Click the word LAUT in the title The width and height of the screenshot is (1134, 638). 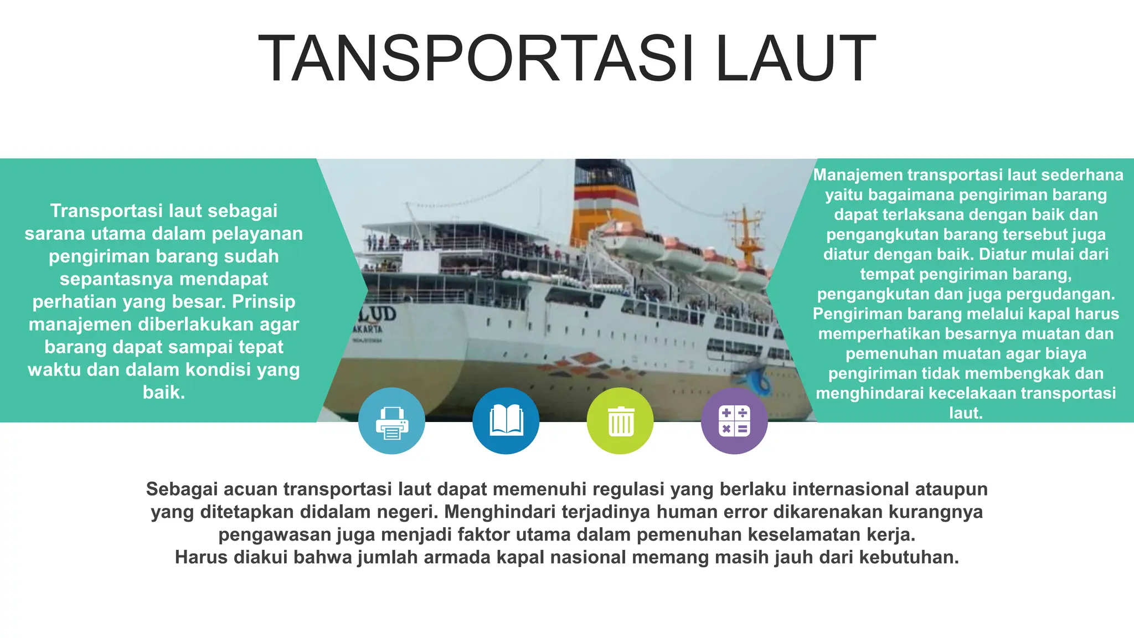point(795,59)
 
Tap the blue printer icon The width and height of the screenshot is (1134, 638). point(391,421)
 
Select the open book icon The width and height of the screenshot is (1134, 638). point(506,421)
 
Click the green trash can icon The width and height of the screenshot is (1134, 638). point(620,421)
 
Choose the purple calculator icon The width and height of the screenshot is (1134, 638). point(734,421)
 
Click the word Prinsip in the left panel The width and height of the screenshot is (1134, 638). point(264,301)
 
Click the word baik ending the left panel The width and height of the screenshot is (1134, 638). point(163,392)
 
